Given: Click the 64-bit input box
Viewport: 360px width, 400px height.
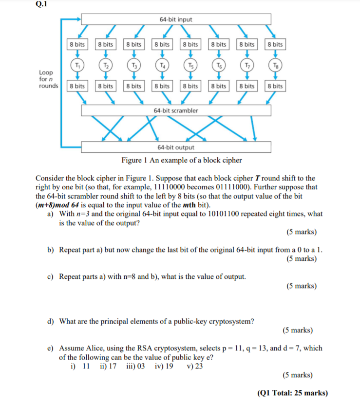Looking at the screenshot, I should click(176, 19).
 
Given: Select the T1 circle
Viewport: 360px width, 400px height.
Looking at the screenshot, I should click(76, 65).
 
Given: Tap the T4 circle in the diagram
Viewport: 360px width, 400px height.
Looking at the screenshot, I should click(162, 65).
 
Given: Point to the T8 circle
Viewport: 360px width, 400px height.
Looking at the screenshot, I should click(275, 65).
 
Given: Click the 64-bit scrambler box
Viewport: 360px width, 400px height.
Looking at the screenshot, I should click(176, 111).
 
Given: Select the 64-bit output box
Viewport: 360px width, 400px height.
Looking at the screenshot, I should click(176, 147).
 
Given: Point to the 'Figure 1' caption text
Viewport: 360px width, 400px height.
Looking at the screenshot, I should click(181, 160).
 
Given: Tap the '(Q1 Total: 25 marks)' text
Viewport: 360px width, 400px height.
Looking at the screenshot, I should click(292, 393).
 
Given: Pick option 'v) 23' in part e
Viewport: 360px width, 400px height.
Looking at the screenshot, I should click(195, 366).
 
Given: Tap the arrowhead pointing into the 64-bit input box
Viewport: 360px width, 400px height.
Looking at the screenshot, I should click(77, 19).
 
